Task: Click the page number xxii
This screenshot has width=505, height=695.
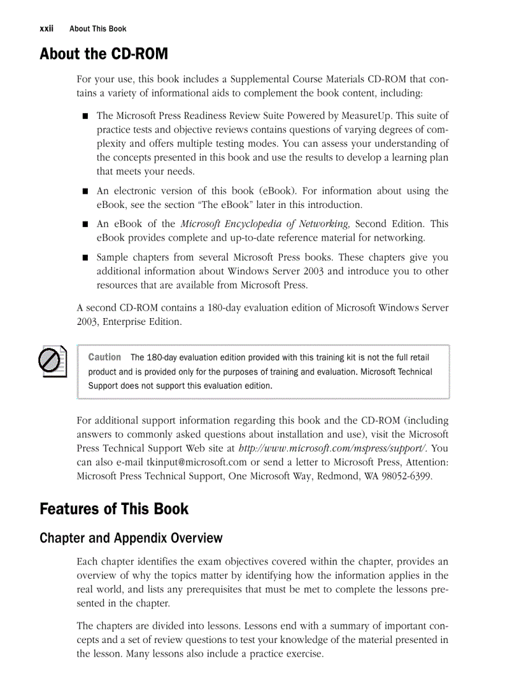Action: point(46,28)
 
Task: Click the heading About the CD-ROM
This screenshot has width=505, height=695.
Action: point(103,54)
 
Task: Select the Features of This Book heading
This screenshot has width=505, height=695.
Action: point(114,509)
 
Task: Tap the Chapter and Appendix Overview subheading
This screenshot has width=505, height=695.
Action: point(131,538)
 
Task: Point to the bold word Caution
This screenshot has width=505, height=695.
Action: point(105,357)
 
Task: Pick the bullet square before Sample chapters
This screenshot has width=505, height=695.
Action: point(84,257)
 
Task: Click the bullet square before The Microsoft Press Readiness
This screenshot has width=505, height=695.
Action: point(84,116)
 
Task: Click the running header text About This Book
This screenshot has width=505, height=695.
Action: point(98,28)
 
